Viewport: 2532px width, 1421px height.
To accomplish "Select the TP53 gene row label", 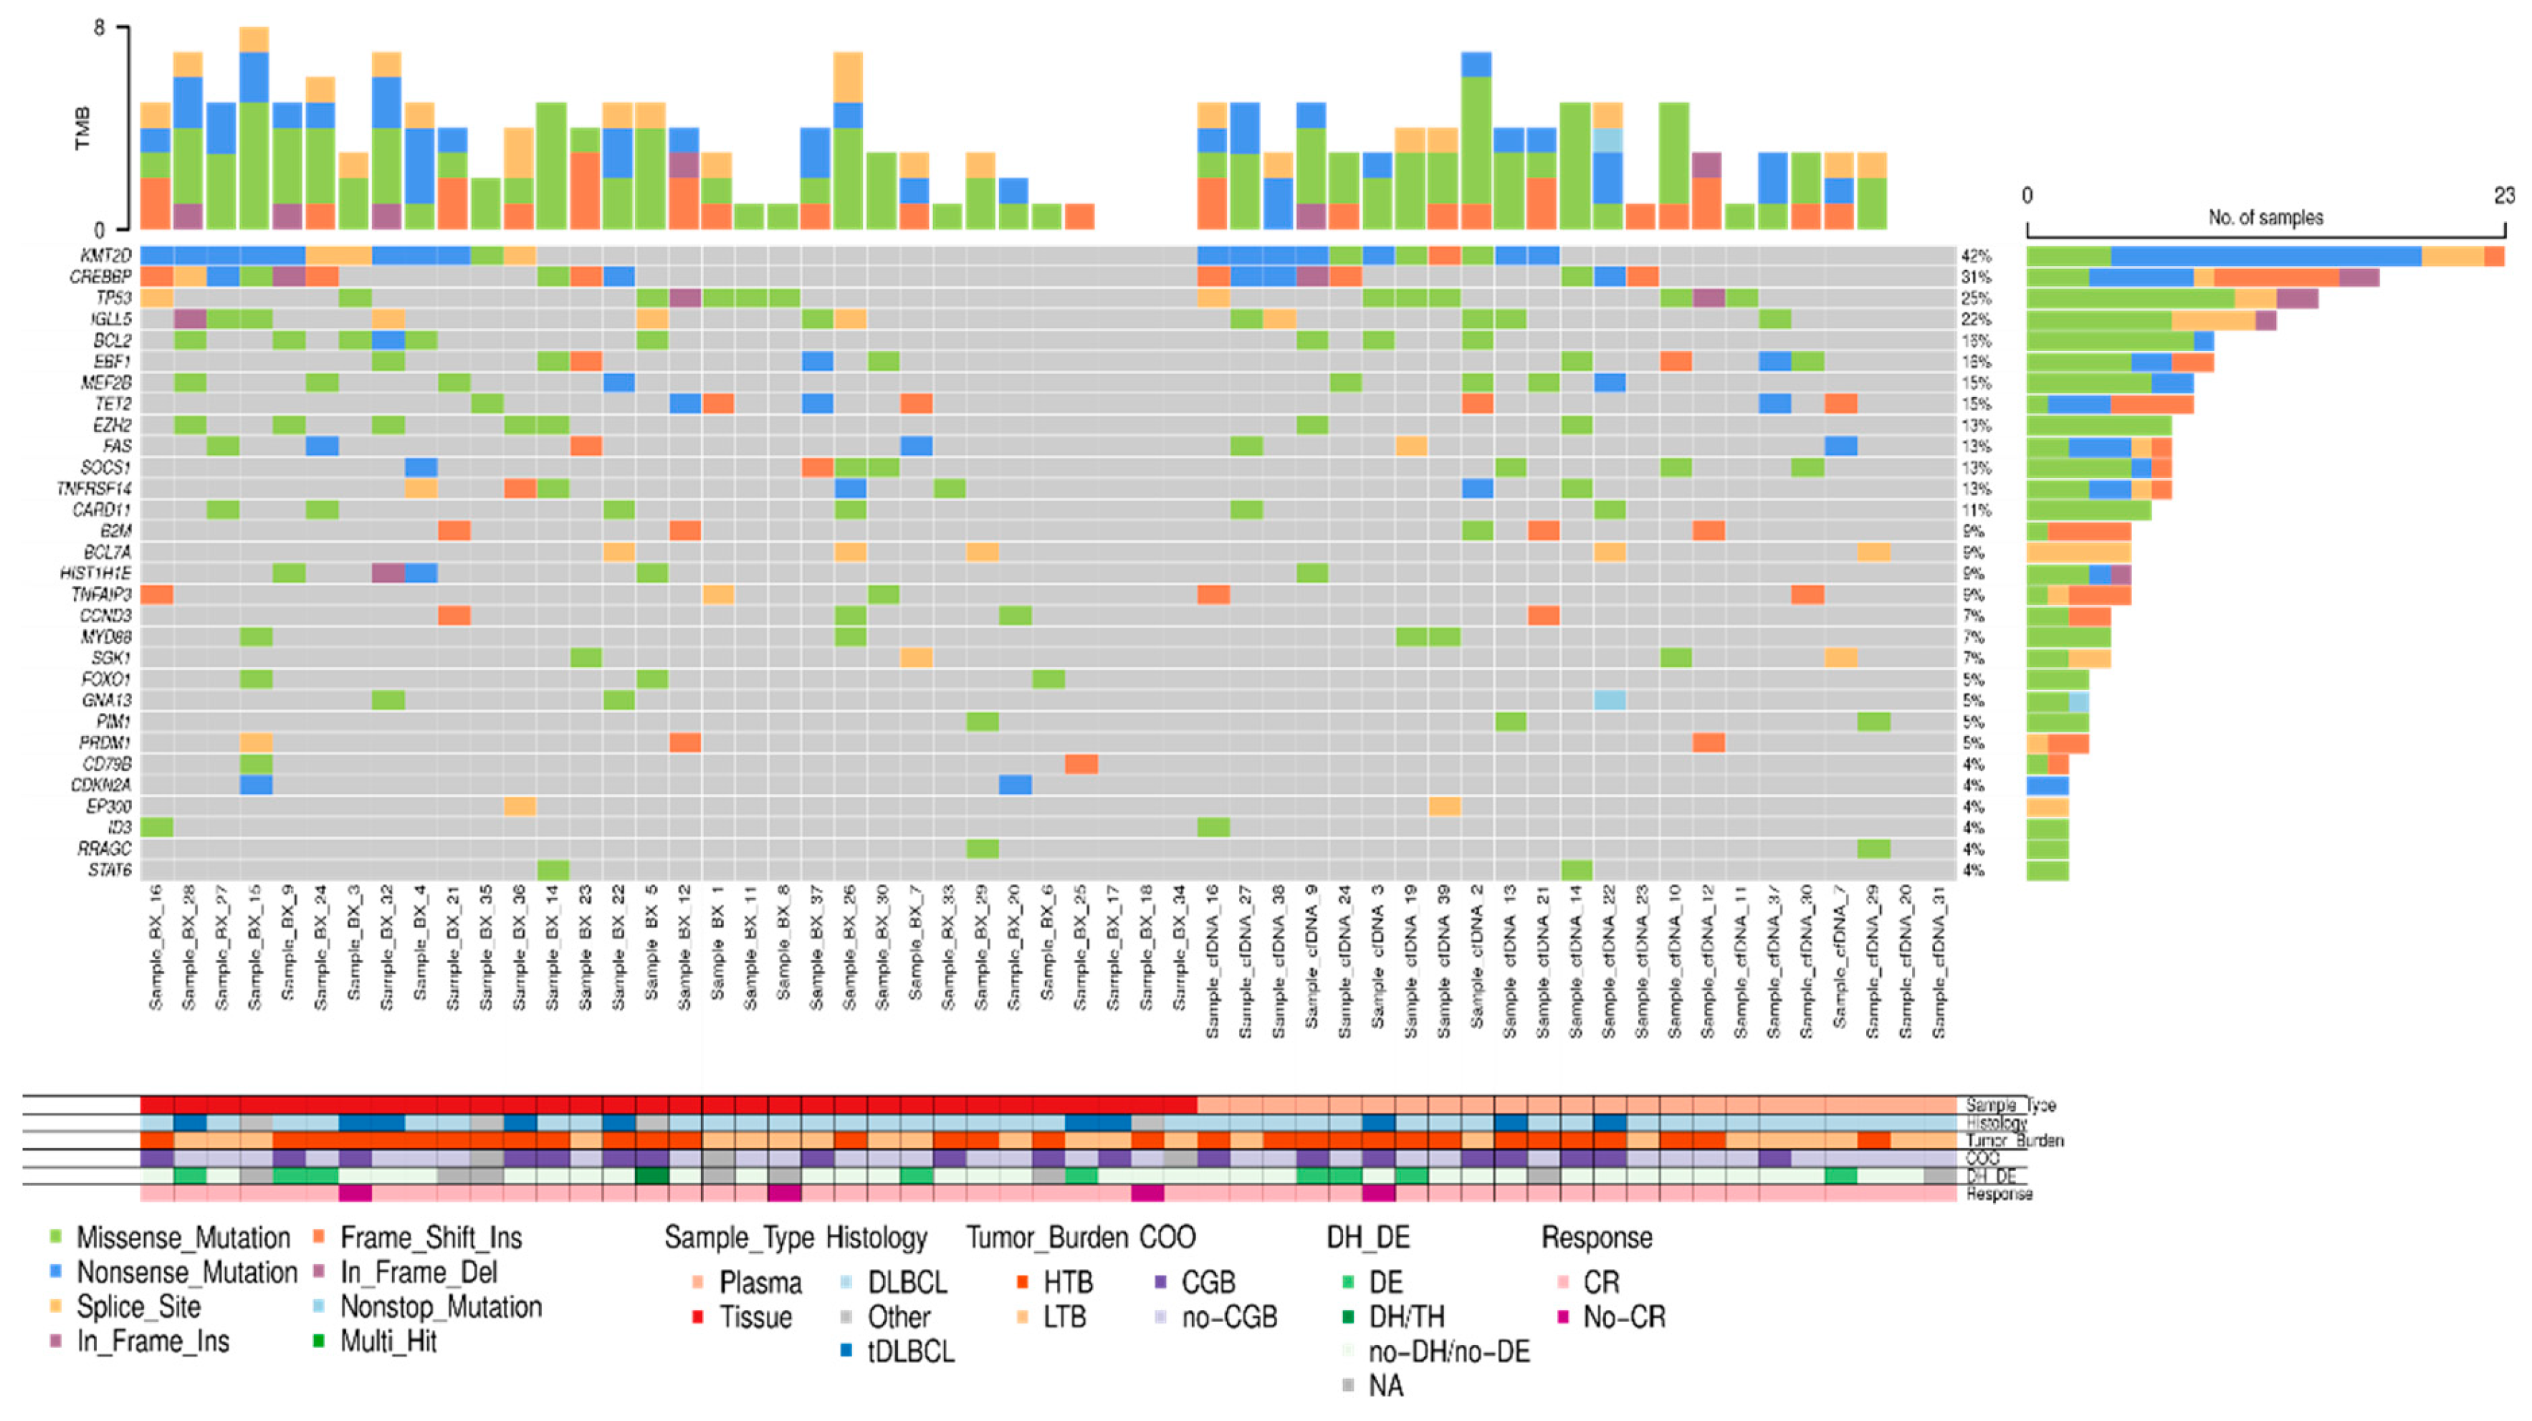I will point(113,298).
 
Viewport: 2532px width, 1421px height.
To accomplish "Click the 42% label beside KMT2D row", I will point(1976,256).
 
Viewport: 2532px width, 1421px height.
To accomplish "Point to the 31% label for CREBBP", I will point(1976,277).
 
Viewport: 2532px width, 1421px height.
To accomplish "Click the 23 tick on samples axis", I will point(2503,196).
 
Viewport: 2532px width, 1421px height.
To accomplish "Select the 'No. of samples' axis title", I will point(2265,217).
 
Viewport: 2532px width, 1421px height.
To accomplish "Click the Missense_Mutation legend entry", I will point(183,1238).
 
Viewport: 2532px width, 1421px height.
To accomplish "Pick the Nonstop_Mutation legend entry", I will point(440,1307).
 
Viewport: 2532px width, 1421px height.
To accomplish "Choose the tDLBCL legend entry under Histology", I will point(910,1351).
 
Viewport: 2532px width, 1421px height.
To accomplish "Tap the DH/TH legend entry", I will point(1407,1317).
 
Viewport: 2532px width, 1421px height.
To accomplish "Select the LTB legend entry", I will point(1064,1317).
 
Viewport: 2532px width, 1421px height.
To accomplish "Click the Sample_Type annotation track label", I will point(2010,1104).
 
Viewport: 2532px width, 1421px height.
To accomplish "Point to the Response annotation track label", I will point(2000,1194).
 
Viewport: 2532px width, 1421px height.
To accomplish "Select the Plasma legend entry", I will point(760,1283).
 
